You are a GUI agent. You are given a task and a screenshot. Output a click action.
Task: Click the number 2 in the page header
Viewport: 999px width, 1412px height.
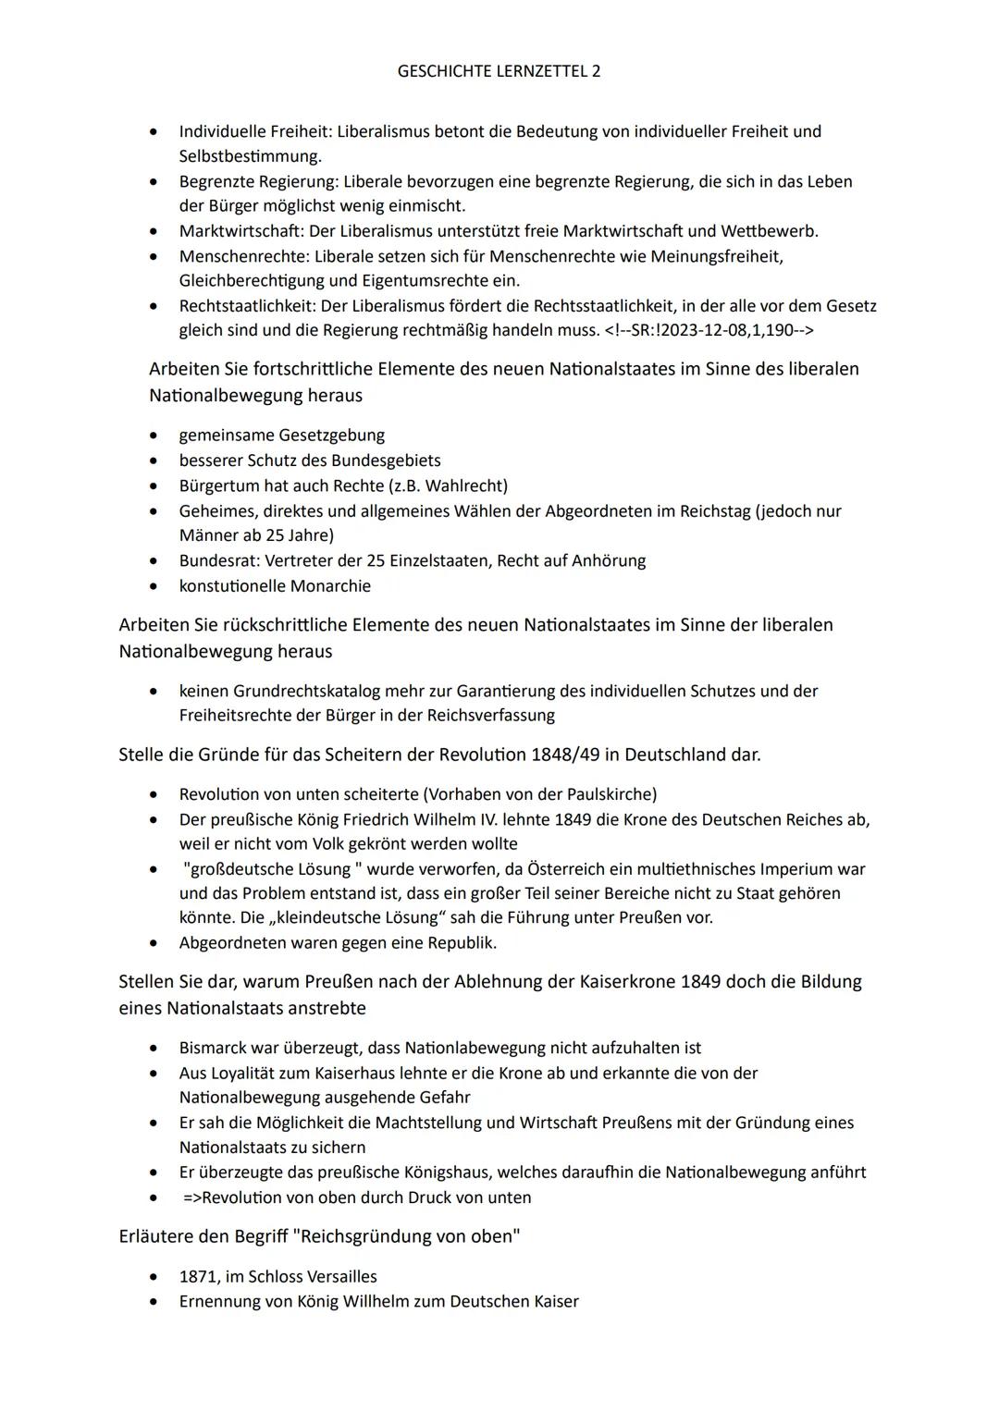point(595,71)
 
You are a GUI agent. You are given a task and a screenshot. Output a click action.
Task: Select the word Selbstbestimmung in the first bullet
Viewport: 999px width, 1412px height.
point(250,156)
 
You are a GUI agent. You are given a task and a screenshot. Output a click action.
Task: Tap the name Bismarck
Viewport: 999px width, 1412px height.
point(213,1049)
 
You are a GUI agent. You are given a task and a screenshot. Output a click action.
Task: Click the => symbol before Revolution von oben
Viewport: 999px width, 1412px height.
point(191,1198)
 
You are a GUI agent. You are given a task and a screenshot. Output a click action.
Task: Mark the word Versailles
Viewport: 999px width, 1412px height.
point(340,1277)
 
